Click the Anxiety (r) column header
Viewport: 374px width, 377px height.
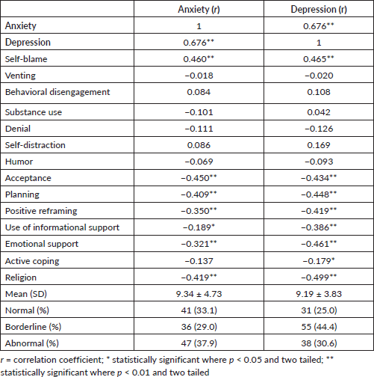pos(199,10)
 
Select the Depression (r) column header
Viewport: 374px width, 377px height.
pos(319,10)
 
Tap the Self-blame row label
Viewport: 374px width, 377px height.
pos(26,59)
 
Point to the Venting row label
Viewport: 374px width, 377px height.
pos(20,76)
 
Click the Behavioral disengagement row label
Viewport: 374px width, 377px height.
pos(57,92)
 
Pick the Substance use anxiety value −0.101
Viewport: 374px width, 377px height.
pos(199,112)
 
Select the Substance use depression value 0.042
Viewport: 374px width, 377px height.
pos(319,112)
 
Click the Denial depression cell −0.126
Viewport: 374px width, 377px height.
pos(319,129)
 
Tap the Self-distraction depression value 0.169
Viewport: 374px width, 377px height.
pos(319,145)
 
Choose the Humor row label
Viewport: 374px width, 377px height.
pos(19,162)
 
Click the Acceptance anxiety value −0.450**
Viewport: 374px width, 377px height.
pos(199,178)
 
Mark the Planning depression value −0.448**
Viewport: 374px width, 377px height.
pos(319,194)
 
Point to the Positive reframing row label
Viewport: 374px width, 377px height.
pos(41,211)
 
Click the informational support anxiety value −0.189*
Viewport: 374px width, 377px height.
pos(199,227)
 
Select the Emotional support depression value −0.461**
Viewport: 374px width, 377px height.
pos(319,244)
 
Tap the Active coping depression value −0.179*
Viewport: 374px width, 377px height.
pos(319,261)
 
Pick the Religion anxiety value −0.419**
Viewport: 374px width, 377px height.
pos(199,278)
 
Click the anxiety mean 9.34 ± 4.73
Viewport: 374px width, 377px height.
pos(199,294)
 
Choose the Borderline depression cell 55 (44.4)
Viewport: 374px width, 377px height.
pos(319,327)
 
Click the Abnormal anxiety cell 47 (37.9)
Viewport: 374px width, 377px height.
pos(199,343)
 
